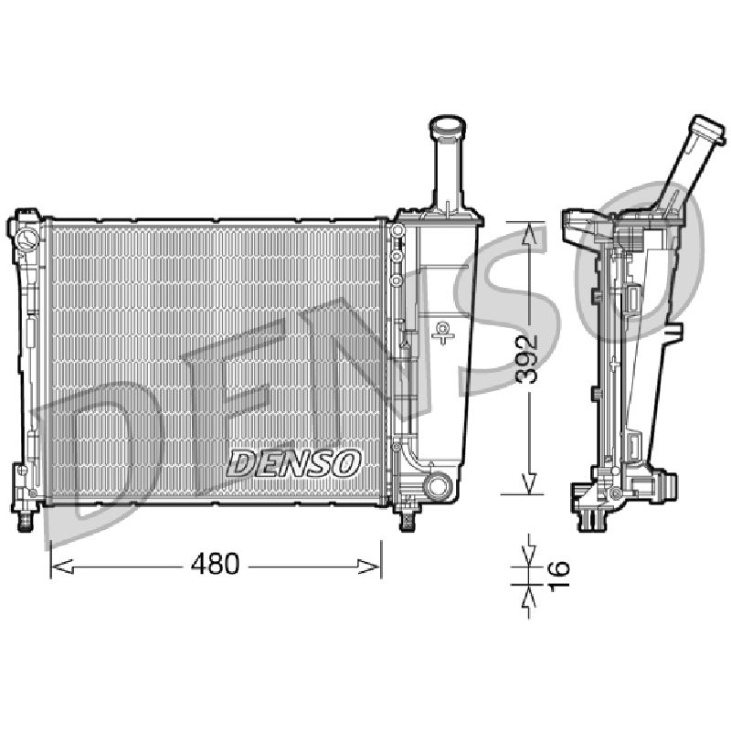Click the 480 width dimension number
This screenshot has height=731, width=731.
215,564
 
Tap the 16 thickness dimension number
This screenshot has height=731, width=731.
559,576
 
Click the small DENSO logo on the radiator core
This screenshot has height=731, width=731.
293,463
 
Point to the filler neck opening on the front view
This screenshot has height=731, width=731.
448,124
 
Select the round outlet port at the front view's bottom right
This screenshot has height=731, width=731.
438,486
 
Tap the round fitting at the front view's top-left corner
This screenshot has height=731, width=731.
27,238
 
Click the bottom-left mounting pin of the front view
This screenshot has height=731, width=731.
26,523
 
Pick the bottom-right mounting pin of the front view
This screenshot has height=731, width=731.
408,522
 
